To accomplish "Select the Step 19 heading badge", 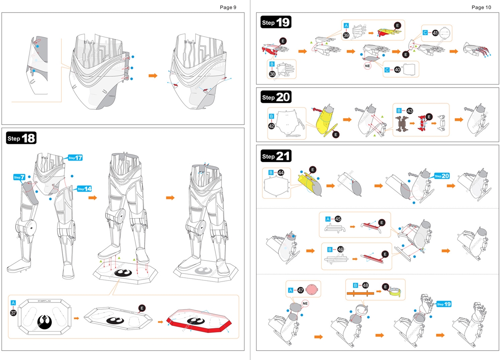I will tap(276, 22).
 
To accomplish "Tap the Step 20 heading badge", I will tap(276, 97).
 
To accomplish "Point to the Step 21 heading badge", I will tap(276, 156).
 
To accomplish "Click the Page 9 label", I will tap(228, 7).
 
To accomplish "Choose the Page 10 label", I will tap(481, 7).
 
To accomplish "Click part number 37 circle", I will tap(13, 313).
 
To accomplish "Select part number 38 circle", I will tap(272, 73).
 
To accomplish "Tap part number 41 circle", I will tap(435, 33).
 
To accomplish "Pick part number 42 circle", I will tap(272, 126).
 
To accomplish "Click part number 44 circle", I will tap(281, 172).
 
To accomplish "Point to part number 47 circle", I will tap(301, 290).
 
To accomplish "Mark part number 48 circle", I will tap(366, 285).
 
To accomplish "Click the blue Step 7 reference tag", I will tap(20, 177).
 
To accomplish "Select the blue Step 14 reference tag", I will tap(85, 189).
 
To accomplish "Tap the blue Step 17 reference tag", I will tap(76, 157).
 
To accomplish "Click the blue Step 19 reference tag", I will tap(445, 304).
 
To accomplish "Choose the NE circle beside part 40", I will tap(368, 66).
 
